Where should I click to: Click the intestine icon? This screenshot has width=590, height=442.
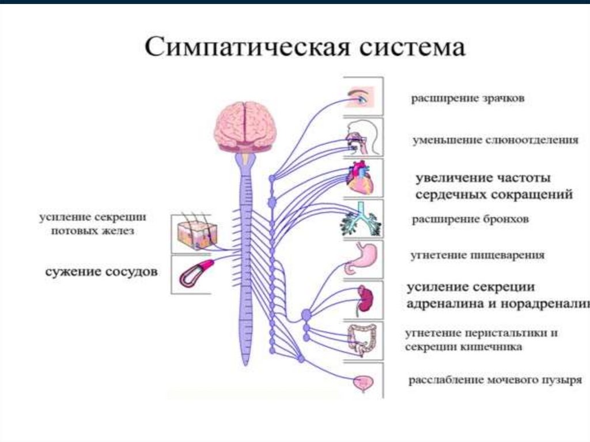pos(362,340)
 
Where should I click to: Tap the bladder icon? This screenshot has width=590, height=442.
pos(364,381)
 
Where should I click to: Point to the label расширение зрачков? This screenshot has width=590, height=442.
pos(467,99)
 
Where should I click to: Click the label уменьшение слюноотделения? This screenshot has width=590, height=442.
pos(495,140)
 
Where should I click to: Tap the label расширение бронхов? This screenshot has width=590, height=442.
pos(470,220)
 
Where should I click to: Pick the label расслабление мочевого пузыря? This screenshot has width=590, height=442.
pos(495,380)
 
